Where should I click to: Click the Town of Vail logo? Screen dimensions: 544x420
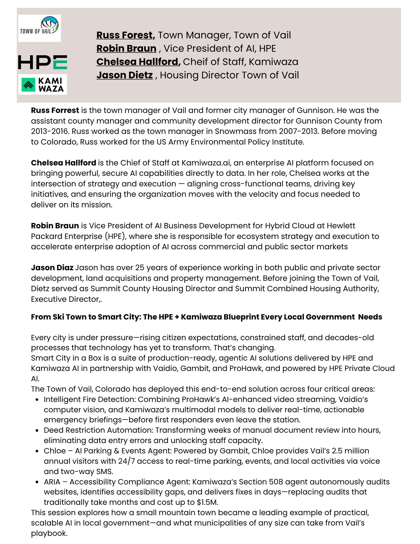coord(39,28)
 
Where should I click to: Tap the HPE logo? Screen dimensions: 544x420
coord(42,62)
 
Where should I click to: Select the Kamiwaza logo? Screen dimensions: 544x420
coord(42,85)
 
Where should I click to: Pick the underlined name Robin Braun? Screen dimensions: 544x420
coord(126,48)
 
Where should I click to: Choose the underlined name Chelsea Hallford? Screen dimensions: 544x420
coord(138,62)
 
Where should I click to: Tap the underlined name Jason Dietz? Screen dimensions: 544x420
coord(125,75)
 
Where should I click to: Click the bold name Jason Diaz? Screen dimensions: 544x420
coord(52,268)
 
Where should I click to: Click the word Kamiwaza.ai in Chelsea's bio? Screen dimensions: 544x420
coord(206,163)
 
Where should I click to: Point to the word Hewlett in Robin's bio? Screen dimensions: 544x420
coord(341,226)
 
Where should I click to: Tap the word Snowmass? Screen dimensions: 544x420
coord(232,131)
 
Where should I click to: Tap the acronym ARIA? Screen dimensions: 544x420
coord(52,482)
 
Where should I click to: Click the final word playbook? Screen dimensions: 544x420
coord(49,533)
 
